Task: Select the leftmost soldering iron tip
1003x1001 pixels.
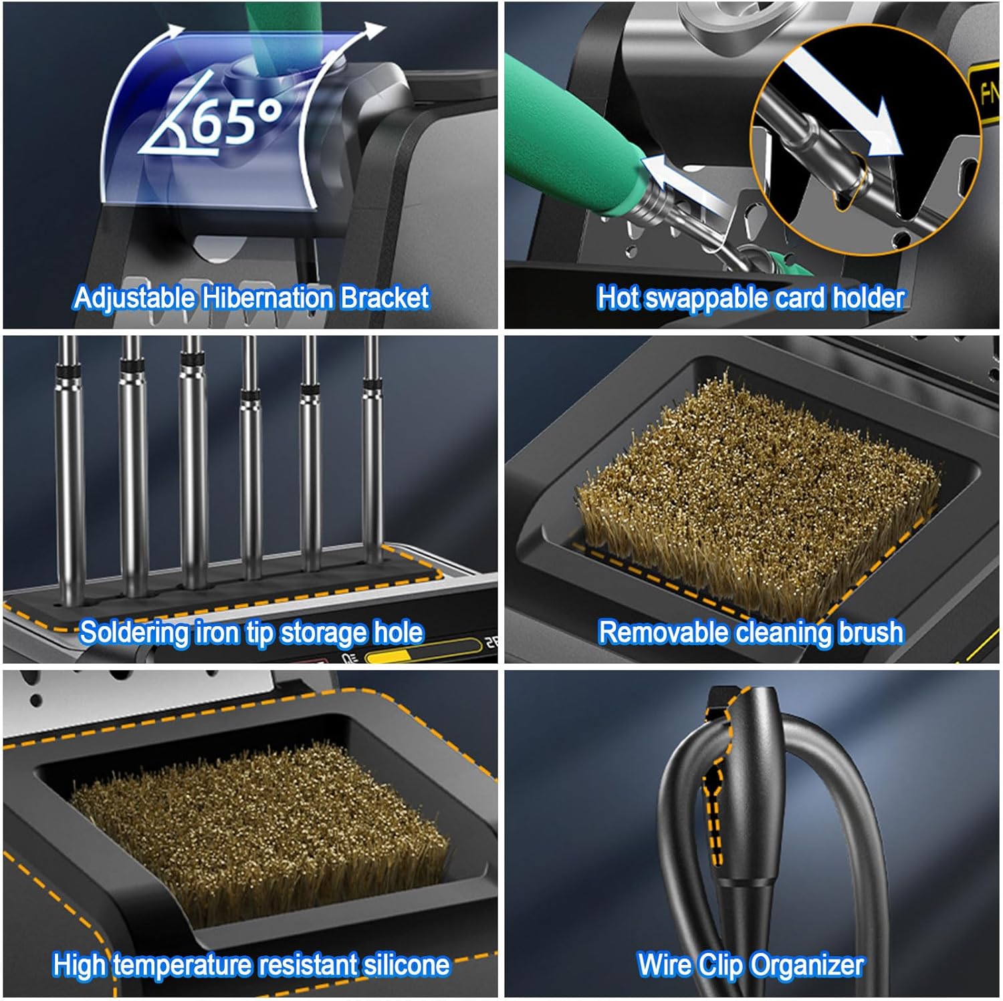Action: (70, 468)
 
